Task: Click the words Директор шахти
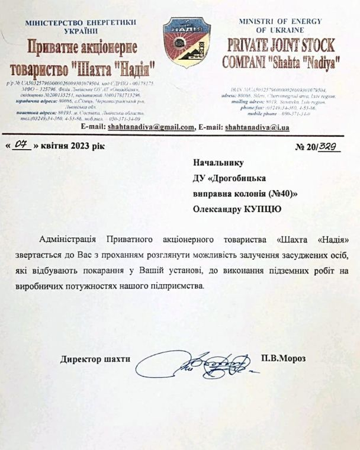click(x=95, y=359)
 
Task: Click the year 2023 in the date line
click(x=86, y=146)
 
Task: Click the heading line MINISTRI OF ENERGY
click(x=279, y=21)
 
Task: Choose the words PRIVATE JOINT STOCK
click(x=278, y=45)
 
